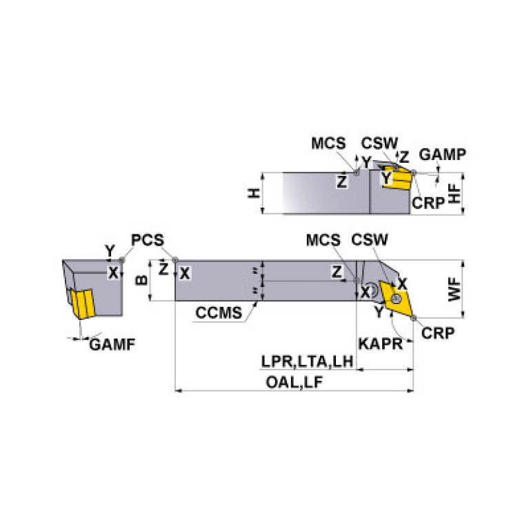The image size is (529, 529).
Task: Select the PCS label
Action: click(148, 240)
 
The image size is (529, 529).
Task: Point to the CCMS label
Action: click(219, 312)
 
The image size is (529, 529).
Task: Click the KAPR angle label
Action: click(379, 343)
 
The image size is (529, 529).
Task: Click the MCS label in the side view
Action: click(328, 143)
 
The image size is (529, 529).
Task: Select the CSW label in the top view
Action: click(370, 240)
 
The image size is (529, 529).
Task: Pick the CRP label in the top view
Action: click(438, 332)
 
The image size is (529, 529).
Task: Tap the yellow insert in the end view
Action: click(81, 303)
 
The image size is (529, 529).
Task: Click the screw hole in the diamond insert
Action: click(397, 298)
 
